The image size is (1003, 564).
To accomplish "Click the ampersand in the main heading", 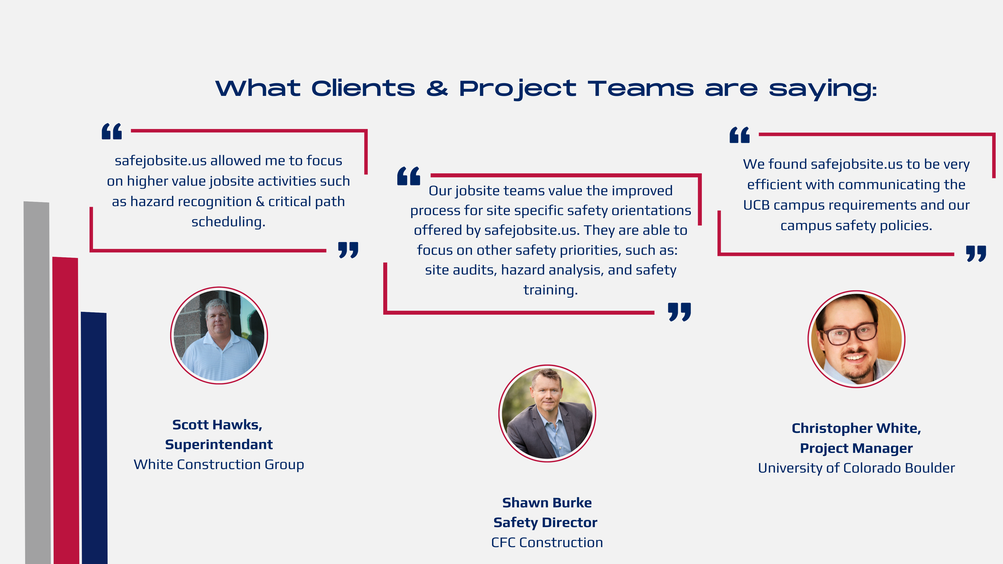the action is click(437, 88).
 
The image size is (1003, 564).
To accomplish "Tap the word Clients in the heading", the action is click(363, 88).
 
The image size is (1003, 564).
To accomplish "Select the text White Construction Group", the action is click(219, 464).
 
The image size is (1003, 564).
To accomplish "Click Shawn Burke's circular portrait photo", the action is click(547, 413).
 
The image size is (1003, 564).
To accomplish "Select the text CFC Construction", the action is click(547, 542).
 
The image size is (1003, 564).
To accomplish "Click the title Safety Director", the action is click(545, 522).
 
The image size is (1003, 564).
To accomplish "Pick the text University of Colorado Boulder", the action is click(856, 468).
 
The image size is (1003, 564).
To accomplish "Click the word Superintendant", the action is click(219, 444).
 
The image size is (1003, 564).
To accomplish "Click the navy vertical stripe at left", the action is click(94, 438).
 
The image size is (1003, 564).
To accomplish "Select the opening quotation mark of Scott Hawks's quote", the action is click(112, 131).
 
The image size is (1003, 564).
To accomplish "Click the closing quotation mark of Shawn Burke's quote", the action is click(679, 312).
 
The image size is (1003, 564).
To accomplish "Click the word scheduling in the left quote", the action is click(228, 222).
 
